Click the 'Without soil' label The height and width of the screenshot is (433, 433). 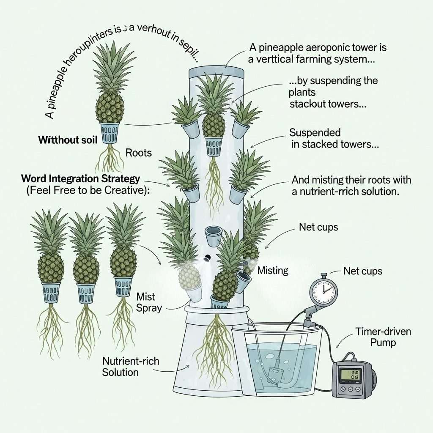[x=64, y=140]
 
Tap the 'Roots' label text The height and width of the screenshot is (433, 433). [x=139, y=153]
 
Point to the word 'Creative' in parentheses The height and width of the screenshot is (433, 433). [x=126, y=191]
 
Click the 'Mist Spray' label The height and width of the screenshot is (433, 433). [x=149, y=302]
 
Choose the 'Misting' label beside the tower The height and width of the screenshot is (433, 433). [x=273, y=270]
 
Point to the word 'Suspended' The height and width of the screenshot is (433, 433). [x=315, y=133]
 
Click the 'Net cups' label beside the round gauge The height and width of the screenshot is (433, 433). [x=363, y=271]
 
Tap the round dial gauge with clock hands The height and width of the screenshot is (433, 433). [x=323, y=291]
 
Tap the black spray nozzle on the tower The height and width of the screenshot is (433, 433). [x=208, y=258]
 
